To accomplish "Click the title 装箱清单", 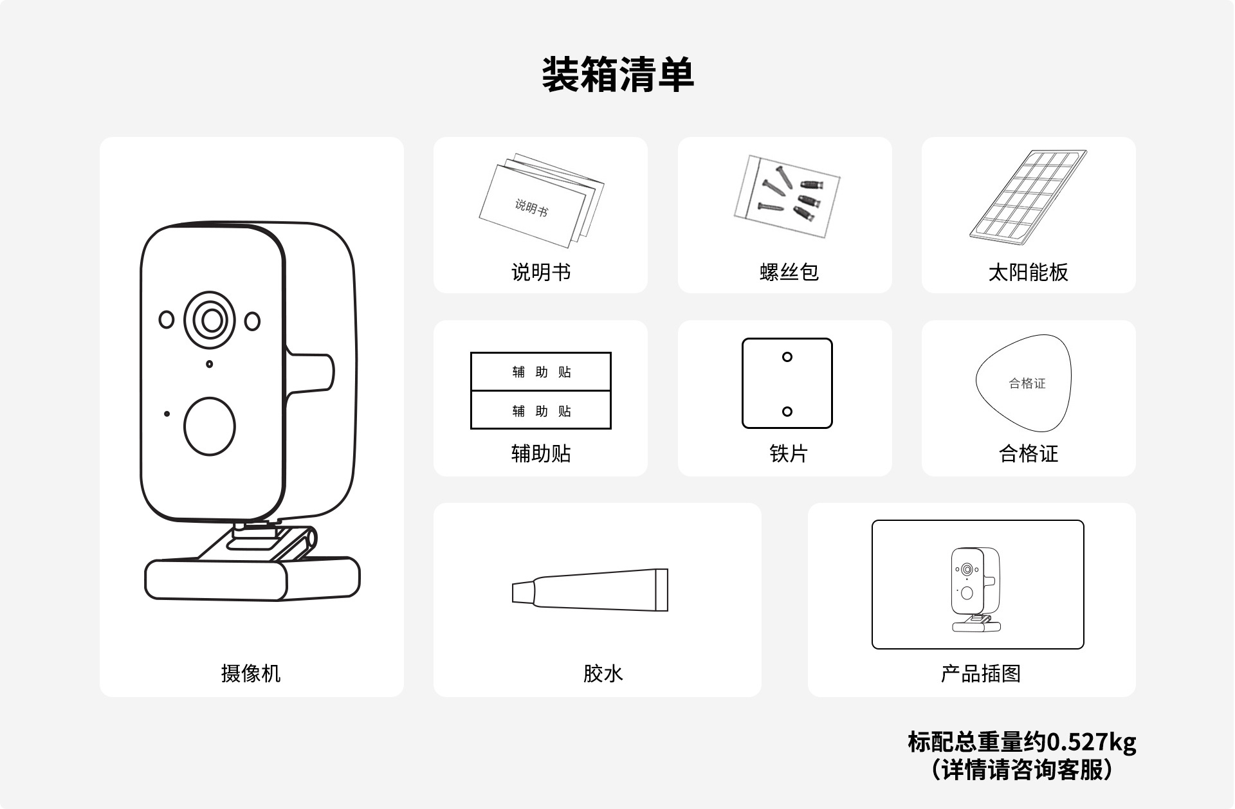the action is (x=617, y=75).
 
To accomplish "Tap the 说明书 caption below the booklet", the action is (x=540, y=272).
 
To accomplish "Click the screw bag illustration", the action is (x=787, y=195).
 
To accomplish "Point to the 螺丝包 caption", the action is (x=789, y=272).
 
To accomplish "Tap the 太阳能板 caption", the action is (x=1028, y=272).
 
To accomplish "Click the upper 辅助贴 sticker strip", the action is (x=541, y=372).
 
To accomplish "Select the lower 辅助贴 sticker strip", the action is (x=541, y=410).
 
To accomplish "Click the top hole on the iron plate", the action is (x=787, y=357).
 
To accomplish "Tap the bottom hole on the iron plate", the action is (x=787, y=412).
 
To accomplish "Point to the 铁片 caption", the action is (x=788, y=453).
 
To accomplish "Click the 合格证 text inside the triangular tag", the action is (x=1027, y=383).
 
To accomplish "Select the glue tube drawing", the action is (x=590, y=590).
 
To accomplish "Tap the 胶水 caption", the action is (x=603, y=673).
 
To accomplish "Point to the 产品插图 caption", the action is (x=980, y=673).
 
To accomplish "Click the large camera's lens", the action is (x=211, y=320).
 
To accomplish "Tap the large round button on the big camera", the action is (x=210, y=426).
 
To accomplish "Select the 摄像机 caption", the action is (x=251, y=673).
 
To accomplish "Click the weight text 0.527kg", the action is (x=1091, y=741).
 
